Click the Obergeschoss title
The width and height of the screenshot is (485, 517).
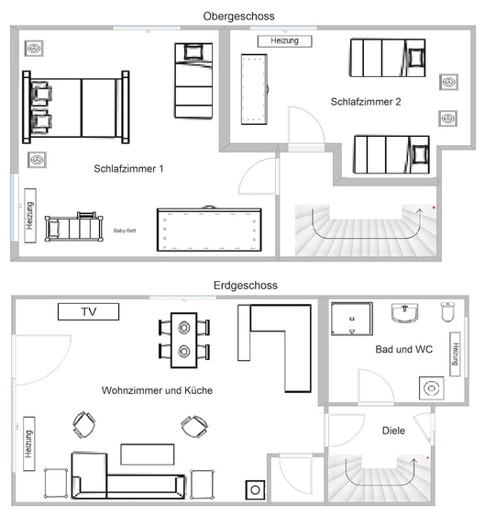coord(238,17)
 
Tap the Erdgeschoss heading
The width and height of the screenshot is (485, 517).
coord(246,286)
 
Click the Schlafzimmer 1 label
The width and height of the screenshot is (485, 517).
coord(128,169)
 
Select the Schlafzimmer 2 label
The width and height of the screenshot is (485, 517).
coord(366,102)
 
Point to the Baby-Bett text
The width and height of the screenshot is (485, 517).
coord(125,230)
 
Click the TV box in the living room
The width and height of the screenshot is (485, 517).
coord(89,311)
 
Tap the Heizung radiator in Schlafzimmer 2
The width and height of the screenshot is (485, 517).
coord(284,41)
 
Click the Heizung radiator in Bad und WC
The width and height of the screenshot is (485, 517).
coord(455,354)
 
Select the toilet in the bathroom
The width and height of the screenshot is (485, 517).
coord(447,312)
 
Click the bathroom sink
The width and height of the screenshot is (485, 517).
coord(405,313)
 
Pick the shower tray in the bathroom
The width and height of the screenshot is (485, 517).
coord(352,319)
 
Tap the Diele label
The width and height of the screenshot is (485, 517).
coord(393,431)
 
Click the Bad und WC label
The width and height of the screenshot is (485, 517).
coord(404,349)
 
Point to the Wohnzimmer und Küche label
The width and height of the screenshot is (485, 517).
coord(157,390)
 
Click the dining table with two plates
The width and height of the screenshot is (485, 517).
coord(184,340)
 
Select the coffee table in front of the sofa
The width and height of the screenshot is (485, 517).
coord(148,455)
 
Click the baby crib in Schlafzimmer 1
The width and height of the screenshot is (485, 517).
coord(74,227)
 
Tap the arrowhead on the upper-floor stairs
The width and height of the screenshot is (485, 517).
coord(420,210)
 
